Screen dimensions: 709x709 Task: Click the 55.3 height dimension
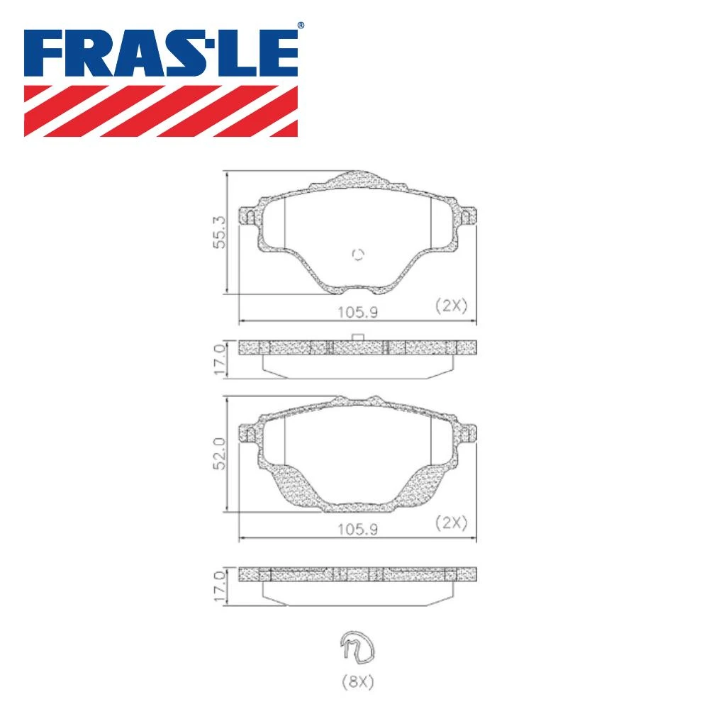219,232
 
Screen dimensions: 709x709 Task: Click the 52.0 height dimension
219,453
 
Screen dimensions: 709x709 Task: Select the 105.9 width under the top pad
357,312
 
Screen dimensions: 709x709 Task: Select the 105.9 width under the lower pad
357,529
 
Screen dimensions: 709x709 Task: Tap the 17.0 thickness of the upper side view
219,359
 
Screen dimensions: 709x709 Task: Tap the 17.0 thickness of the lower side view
219,586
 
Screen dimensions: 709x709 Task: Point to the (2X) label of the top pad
451,306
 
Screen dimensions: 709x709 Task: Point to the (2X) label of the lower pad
451,523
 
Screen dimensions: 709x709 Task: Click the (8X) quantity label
357,681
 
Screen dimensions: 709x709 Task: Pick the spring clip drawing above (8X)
357,647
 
